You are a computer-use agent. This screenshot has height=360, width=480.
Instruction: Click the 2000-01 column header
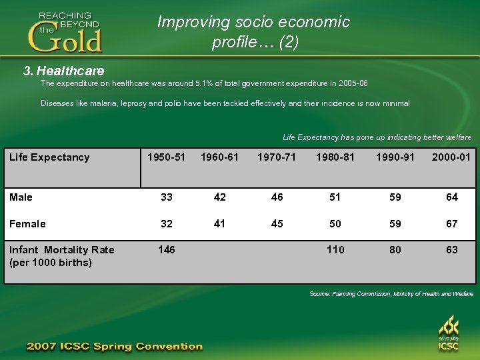451,157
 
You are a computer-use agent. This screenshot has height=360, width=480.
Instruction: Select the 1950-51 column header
166,157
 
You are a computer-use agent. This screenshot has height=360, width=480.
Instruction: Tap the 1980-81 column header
335,157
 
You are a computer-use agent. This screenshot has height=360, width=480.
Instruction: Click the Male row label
21,197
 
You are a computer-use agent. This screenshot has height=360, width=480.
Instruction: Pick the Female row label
27,224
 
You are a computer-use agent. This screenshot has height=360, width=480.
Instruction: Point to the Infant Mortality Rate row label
61,256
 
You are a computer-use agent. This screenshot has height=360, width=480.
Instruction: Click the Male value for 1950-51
166,197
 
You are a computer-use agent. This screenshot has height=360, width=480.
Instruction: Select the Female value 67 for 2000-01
452,224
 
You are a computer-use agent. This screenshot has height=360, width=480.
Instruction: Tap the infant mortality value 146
166,250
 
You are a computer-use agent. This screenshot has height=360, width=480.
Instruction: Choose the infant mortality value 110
335,250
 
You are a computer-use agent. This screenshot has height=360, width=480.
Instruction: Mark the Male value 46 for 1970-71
277,197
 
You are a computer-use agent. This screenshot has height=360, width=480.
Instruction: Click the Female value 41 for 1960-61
219,224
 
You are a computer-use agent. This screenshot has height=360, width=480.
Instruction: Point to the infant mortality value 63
452,250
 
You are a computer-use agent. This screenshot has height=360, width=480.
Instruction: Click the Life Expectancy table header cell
49,157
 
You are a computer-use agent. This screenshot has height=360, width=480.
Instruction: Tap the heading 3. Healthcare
63,70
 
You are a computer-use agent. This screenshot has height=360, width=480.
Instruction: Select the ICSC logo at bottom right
448,334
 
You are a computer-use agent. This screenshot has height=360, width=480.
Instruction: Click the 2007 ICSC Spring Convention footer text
114,347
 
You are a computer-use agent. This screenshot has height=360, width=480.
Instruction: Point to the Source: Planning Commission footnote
391,294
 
